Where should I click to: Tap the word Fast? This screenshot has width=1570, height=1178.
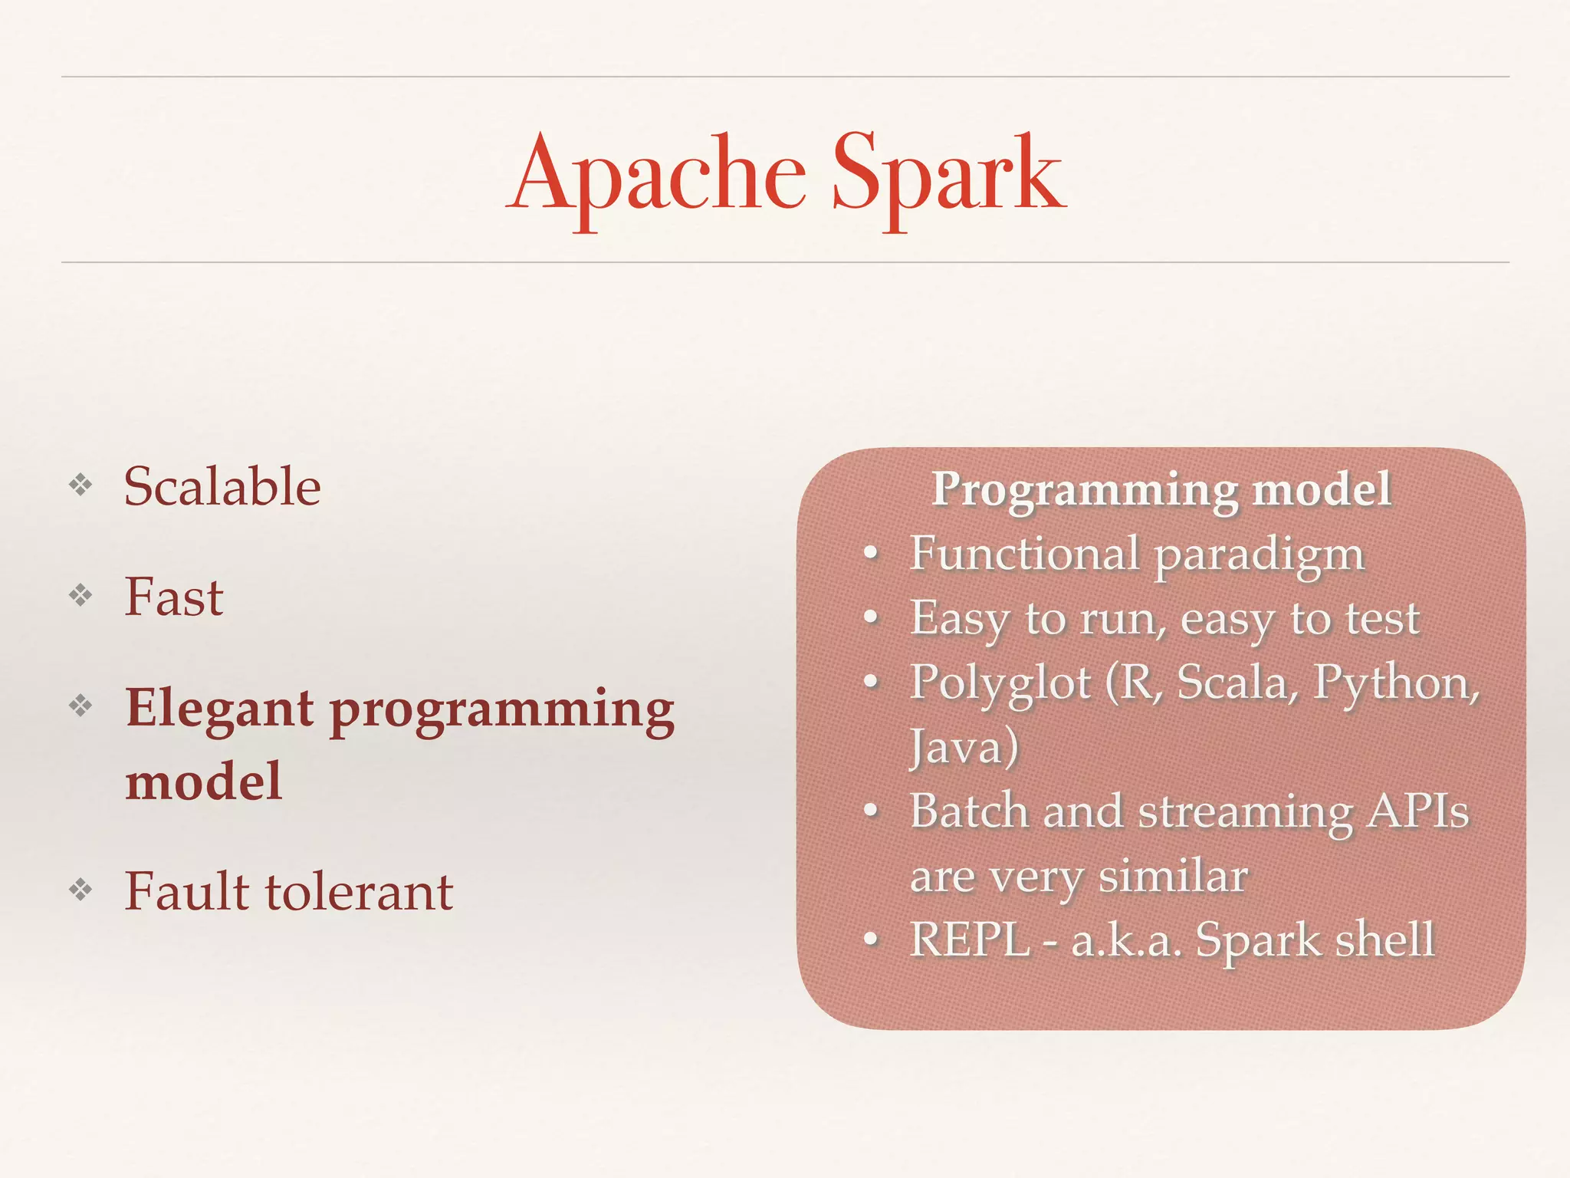(x=174, y=597)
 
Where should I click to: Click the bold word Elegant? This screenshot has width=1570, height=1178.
(x=219, y=709)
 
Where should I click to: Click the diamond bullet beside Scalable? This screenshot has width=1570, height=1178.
(x=80, y=485)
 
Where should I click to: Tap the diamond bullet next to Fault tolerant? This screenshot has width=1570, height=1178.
(x=80, y=890)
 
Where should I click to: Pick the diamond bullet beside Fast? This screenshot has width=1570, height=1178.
(x=80, y=595)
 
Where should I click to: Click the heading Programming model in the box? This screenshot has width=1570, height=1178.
(x=1161, y=489)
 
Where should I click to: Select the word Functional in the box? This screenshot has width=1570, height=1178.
(x=1024, y=553)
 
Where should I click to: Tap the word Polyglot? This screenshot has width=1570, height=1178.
(x=1000, y=683)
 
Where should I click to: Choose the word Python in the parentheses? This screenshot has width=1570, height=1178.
(x=1393, y=683)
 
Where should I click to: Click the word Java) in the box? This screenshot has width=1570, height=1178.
(x=964, y=746)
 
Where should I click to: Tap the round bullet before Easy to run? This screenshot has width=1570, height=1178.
(x=870, y=617)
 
